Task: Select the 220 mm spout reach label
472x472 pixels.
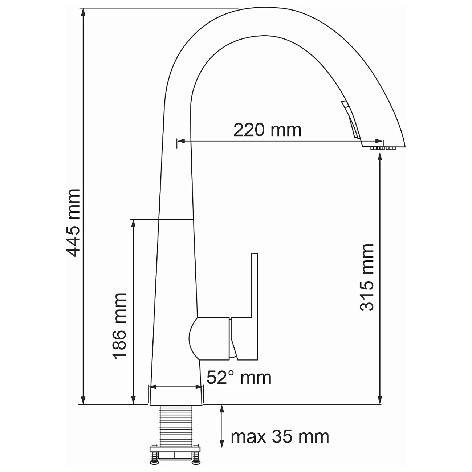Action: (x=267, y=130)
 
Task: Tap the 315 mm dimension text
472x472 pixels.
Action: (x=367, y=278)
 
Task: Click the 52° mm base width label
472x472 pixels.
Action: (x=239, y=378)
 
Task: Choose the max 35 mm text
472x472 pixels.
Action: (x=280, y=436)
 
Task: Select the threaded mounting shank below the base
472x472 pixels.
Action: (x=176, y=425)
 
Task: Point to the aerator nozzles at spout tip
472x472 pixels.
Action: (x=382, y=148)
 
